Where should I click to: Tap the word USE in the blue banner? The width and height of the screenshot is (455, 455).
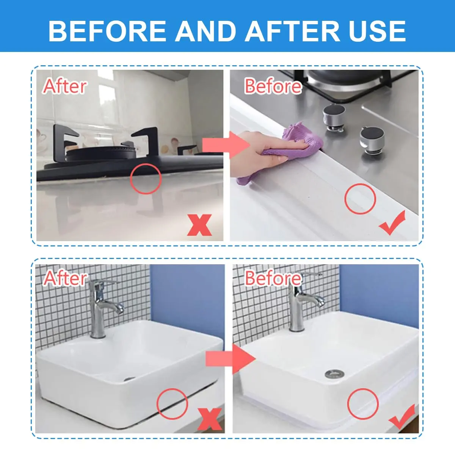[377, 31]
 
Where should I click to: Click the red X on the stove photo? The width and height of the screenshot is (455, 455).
[199, 225]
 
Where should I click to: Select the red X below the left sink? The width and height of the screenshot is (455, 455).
[209, 419]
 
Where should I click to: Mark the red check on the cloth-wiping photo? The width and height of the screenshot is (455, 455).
[392, 223]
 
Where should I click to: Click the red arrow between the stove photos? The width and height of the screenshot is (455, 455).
[226, 145]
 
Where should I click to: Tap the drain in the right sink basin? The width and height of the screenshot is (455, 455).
[334, 374]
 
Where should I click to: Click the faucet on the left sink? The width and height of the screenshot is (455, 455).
[102, 307]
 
